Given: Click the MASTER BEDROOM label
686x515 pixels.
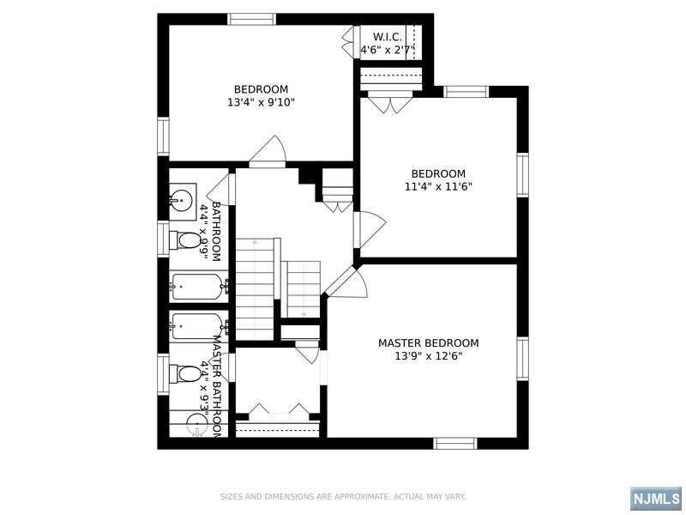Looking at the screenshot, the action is (x=428, y=342).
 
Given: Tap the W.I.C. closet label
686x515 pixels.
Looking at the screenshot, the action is (x=388, y=37).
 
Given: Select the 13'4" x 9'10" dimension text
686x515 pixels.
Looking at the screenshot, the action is (x=262, y=102).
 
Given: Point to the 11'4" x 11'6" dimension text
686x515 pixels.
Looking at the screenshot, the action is (x=438, y=187).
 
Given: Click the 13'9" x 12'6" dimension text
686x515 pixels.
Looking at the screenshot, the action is (x=429, y=356).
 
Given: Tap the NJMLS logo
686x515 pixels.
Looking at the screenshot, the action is (x=657, y=498).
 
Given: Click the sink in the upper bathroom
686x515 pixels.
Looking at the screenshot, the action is (x=182, y=201).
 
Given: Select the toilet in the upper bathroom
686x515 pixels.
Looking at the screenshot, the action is (x=185, y=240).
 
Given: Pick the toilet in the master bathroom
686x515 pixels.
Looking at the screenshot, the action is (x=185, y=373).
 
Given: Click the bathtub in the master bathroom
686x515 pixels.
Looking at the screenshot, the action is (x=199, y=325).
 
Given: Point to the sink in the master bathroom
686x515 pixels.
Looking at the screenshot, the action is (x=197, y=425).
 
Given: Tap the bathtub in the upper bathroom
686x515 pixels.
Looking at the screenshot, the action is (x=199, y=287).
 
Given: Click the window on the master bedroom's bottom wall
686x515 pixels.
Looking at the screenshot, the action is (x=455, y=443).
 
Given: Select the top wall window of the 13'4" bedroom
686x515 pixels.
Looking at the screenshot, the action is (x=251, y=19).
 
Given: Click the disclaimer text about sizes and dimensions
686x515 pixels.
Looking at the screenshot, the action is (x=342, y=497).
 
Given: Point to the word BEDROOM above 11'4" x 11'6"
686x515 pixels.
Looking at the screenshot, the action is (x=438, y=173).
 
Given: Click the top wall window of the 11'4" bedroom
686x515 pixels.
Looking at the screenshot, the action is (x=466, y=92).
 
